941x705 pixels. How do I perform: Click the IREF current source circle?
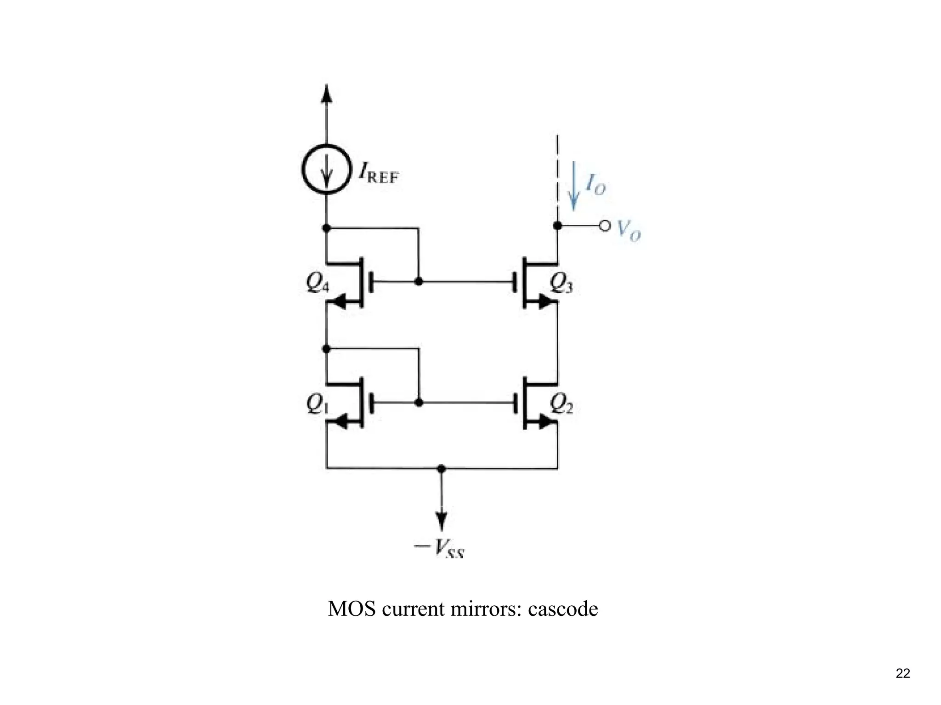click(x=326, y=169)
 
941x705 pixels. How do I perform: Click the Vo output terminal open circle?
click(x=605, y=226)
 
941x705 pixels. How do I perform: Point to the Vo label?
click(x=629, y=230)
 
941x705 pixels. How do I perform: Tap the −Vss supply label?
click(x=439, y=548)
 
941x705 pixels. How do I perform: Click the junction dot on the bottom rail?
click(x=441, y=469)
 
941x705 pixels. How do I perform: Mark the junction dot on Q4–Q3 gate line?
click(x=419, y=281)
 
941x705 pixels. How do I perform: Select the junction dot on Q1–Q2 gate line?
click(x=419, y=403)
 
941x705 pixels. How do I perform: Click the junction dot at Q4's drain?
click(x=326, y=227)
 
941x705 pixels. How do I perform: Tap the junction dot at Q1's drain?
click(x=326, y=349)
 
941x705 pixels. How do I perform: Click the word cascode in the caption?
click(x=563, y=609)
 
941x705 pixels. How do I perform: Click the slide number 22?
click(x=902, y=674)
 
